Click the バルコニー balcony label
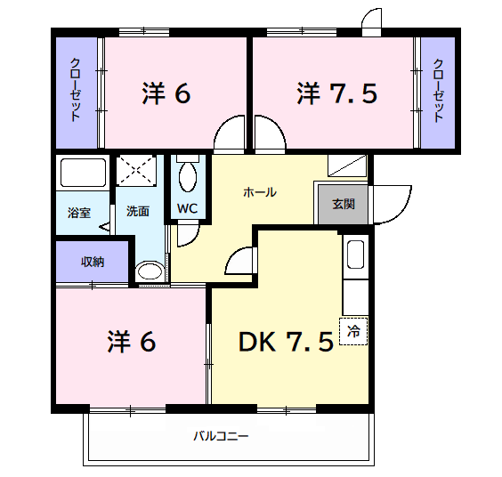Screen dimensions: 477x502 (x=221, y=436)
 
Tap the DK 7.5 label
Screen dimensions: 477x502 (x=286, y=341)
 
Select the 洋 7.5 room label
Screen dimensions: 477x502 (x=337, y=93)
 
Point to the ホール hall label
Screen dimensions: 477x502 (x=260, y=191)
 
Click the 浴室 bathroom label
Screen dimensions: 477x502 (x=79, y=213)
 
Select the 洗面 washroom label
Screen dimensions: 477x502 (x=137, y=212)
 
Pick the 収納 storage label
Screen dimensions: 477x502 (x=93, y=261)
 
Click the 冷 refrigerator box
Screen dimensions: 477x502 (x=353, y=332)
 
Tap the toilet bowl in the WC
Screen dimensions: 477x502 (x=188, y=177)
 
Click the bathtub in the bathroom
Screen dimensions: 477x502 (x=82, y=172)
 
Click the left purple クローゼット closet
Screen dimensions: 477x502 (x=77, y=91)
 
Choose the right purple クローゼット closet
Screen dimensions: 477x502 (x=439, y=91)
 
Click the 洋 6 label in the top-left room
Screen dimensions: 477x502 (x=166, y=93)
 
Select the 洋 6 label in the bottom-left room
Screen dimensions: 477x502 (x=133, y=341)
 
